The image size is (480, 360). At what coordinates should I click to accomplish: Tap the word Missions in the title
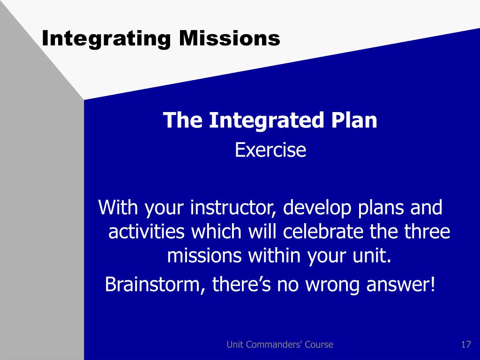point(230,38)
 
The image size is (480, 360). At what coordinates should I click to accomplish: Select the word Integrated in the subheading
point(266,120)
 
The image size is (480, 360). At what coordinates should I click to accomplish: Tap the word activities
point(146,231)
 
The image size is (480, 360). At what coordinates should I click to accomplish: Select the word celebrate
point(323,231)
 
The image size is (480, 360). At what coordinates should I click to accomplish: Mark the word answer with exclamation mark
point(401,285)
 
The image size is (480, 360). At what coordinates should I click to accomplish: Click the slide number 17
point(466,345)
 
